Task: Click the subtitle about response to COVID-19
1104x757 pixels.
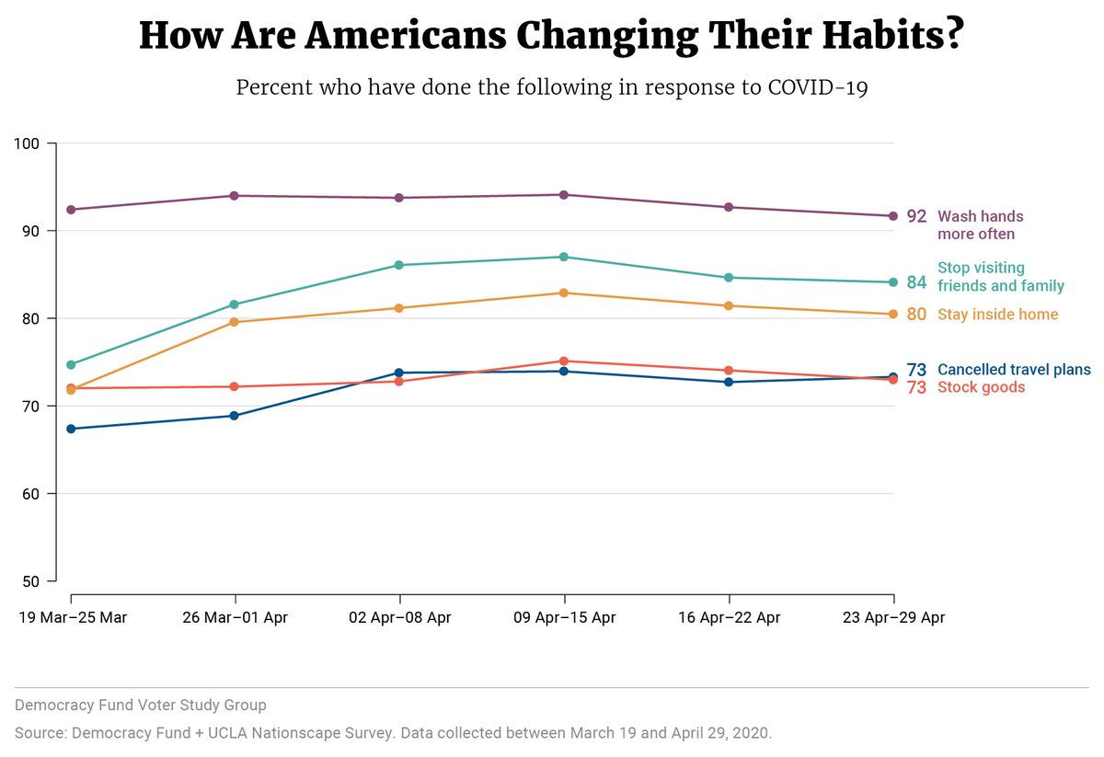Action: click(551, 88)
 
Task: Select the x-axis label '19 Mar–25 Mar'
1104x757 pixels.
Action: click(73, 617)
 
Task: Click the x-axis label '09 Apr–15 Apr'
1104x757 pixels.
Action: click(564, 617)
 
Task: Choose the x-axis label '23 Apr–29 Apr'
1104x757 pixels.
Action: click(893, 617)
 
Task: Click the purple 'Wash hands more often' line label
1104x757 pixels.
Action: click(981, 225)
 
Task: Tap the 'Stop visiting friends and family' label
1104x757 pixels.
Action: click(1000, 277)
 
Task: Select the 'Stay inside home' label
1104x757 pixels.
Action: click(997, 315)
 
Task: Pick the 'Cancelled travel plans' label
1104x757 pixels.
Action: click(1014, 370)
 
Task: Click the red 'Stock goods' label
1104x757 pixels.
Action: click(981, 387)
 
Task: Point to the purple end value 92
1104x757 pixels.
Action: click(917, 217)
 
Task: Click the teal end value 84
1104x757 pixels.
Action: click(917, 282)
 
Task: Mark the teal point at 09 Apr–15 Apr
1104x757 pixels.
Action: click(564, 257)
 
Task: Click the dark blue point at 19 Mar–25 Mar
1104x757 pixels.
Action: click(71, 429)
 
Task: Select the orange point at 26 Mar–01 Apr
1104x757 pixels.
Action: click(235, 322)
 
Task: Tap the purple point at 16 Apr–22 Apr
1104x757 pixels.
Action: click(729, 207)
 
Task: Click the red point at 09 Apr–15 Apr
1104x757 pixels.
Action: click(564, 361)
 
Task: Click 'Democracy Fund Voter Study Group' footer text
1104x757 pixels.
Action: click(141, 705)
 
